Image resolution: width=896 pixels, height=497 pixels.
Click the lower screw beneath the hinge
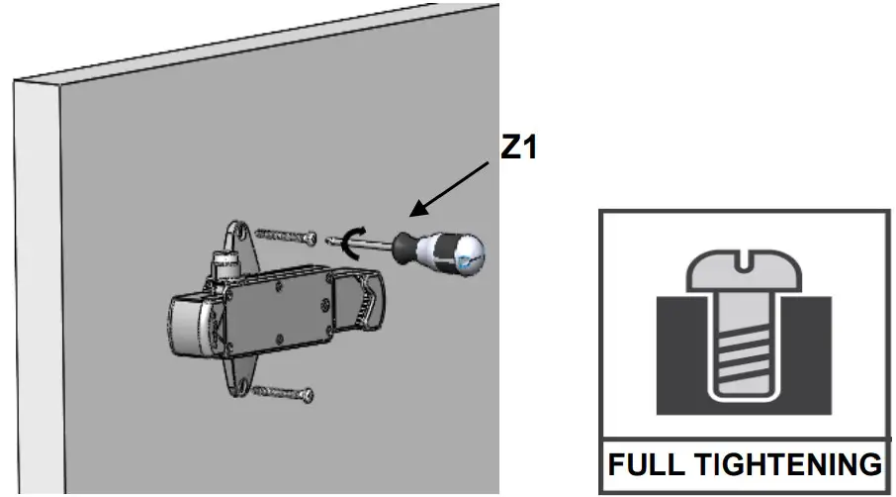click(x=281, y=393)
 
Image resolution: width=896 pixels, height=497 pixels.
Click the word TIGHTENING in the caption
click(x=782, y=464)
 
